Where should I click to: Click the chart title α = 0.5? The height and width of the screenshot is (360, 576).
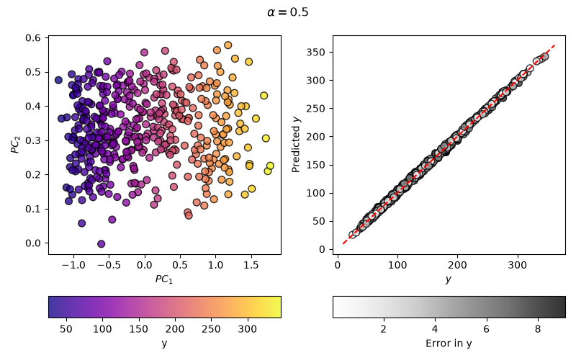pos(287,12)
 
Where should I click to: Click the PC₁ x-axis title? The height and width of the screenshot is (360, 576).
pos(164,279)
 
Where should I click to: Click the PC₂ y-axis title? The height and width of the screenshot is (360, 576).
pos(15,145)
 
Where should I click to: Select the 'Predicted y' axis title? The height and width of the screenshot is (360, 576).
pos(296,145)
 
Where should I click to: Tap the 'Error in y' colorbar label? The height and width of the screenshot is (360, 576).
pos(449,343)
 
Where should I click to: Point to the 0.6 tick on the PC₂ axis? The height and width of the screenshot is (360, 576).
pos(32,38)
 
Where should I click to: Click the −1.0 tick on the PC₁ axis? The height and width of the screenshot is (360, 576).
pos(73,265)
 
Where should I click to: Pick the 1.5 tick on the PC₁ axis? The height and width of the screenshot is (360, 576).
pos(251,265)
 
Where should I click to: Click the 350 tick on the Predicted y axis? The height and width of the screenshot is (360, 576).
pos(315,52)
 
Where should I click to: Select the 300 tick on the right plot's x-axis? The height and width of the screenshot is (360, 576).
pos(517,265)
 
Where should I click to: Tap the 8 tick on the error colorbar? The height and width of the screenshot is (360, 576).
pos(538,329)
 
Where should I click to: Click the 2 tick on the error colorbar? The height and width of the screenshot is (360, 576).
pos(384,329)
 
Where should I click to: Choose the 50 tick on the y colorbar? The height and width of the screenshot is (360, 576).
pos(66,329)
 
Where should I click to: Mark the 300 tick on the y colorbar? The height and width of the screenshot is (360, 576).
pos(247,329)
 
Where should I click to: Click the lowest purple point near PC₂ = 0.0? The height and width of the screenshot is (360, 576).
pos(102,243)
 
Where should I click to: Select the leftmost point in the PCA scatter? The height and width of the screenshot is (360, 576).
pos(58,80)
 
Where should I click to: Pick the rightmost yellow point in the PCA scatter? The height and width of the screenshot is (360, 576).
pos(270,166)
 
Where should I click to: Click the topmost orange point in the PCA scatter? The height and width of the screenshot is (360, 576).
pos(228,45)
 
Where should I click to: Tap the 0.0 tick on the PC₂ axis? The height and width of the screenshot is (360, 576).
pos(32,243)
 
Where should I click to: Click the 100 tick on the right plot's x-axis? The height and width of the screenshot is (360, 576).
pos(397,265)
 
